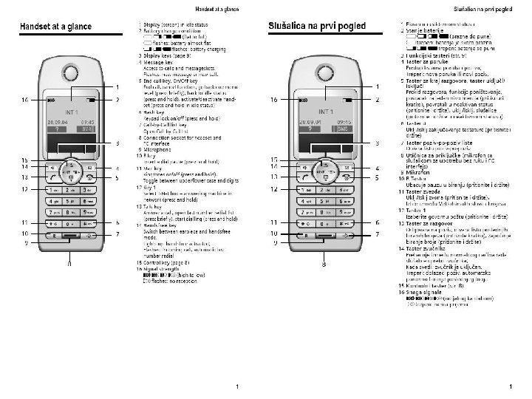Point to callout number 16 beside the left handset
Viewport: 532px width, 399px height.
25,100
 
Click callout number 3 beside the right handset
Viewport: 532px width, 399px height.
377,143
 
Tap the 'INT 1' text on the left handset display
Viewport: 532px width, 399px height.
72,112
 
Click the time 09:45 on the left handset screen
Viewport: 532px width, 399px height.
86,120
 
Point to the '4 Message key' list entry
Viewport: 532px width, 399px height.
159,63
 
